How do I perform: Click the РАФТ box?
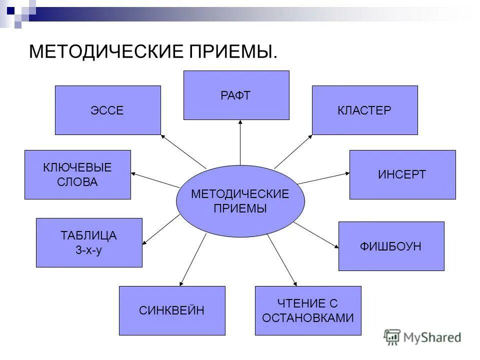pos(236,95)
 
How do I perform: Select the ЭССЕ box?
pos(107,110)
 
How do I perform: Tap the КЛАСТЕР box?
pos(364,110)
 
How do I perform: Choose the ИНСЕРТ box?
pos(402,174)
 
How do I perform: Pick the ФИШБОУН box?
pos(391,246)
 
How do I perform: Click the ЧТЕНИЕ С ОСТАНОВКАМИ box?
pos(307,310)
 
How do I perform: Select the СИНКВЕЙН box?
pos(172,310)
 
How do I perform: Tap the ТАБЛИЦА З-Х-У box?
pos(89,242)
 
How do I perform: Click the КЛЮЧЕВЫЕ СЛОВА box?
pos(77,174)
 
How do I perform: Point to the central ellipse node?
pos(240,201)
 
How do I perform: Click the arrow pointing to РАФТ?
pos(240,142)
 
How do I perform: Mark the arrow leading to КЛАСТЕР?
pos(293,151)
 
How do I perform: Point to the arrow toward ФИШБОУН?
pos(316,234)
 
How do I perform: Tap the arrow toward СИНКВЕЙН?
pos(192,260)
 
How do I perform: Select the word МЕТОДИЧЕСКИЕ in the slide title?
pos(100,51)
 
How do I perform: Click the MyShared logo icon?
pos(392,337)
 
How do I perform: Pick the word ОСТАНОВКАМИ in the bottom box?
pos(308,317)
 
